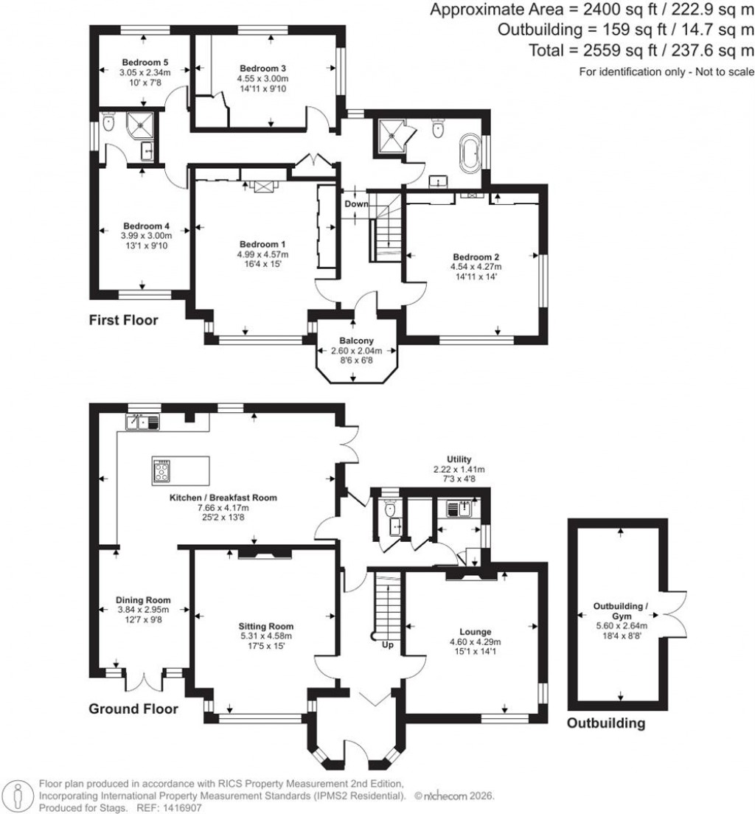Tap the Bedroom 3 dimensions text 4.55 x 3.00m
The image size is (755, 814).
pyautogui.click(x=262, y=79)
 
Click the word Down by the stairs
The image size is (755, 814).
pyautogui.click(x=356, y=204)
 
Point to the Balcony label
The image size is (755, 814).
pyautogui.click(x=357, y=341)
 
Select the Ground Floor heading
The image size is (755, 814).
pyautogui.click(x=133, y=709)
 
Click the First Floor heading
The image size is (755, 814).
pyautogui.click(x=123, y=321)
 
